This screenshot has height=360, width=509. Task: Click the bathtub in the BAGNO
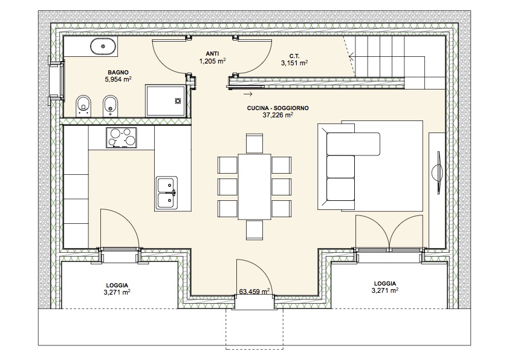point(103,47)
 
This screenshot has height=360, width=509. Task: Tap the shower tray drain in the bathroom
point(178,101)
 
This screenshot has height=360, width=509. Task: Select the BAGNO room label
point(118,73)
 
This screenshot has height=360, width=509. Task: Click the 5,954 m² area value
point(118,79)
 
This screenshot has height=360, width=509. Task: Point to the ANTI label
point(212,54)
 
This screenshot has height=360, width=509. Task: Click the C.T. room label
point(294,56)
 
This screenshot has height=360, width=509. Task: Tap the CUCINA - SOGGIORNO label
point(278,108)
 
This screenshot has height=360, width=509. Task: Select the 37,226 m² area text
point(278,115)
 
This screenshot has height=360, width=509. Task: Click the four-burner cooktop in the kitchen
point(122,138)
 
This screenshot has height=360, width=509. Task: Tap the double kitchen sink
point(166,192)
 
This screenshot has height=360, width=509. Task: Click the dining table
point(254,186)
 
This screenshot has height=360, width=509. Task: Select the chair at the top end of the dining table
point(254,143)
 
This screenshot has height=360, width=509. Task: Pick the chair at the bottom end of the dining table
point(254,230)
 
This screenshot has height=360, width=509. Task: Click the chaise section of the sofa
point(354,143)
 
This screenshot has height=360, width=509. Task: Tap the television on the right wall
point(437,172)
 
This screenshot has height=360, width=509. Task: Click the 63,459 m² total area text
point(255,292)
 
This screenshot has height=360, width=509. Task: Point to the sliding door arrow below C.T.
point(248,94)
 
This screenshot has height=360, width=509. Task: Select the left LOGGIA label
point(117,286)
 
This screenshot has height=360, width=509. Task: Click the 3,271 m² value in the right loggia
point(385,290)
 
